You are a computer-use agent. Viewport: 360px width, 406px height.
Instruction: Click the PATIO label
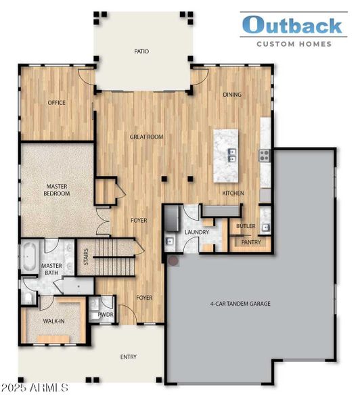click(x=141, y=51)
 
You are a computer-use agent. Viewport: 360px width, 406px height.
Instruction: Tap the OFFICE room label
click(x=55, y=103)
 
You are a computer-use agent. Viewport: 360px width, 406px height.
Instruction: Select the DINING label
click(x=232, y=95)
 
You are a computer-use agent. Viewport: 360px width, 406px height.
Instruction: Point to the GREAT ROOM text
click(x=147, y=137)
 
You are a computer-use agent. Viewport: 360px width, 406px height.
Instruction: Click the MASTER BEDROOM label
click(x=58, y=189)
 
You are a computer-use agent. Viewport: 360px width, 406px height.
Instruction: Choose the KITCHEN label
click(x=233, y=194)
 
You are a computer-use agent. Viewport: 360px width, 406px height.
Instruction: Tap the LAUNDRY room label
click(x=197, y=232)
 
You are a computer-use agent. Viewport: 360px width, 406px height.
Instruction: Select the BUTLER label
click(x=245, y=226)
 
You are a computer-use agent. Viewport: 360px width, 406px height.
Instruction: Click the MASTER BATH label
click(x=52, y=270)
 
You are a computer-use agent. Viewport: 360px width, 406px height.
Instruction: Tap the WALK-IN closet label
click(x=53, y=321)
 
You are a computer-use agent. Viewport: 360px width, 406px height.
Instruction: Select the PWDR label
click(x=105, y=315)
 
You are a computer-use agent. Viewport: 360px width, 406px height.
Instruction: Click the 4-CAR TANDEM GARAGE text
click(x=240, y=304)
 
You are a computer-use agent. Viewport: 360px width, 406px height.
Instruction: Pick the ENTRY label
click(x=129, y=357)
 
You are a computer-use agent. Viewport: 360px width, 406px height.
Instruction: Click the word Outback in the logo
click(x=292, y=25)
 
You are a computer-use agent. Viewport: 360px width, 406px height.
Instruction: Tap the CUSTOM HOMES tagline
click(x=293, y=44)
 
